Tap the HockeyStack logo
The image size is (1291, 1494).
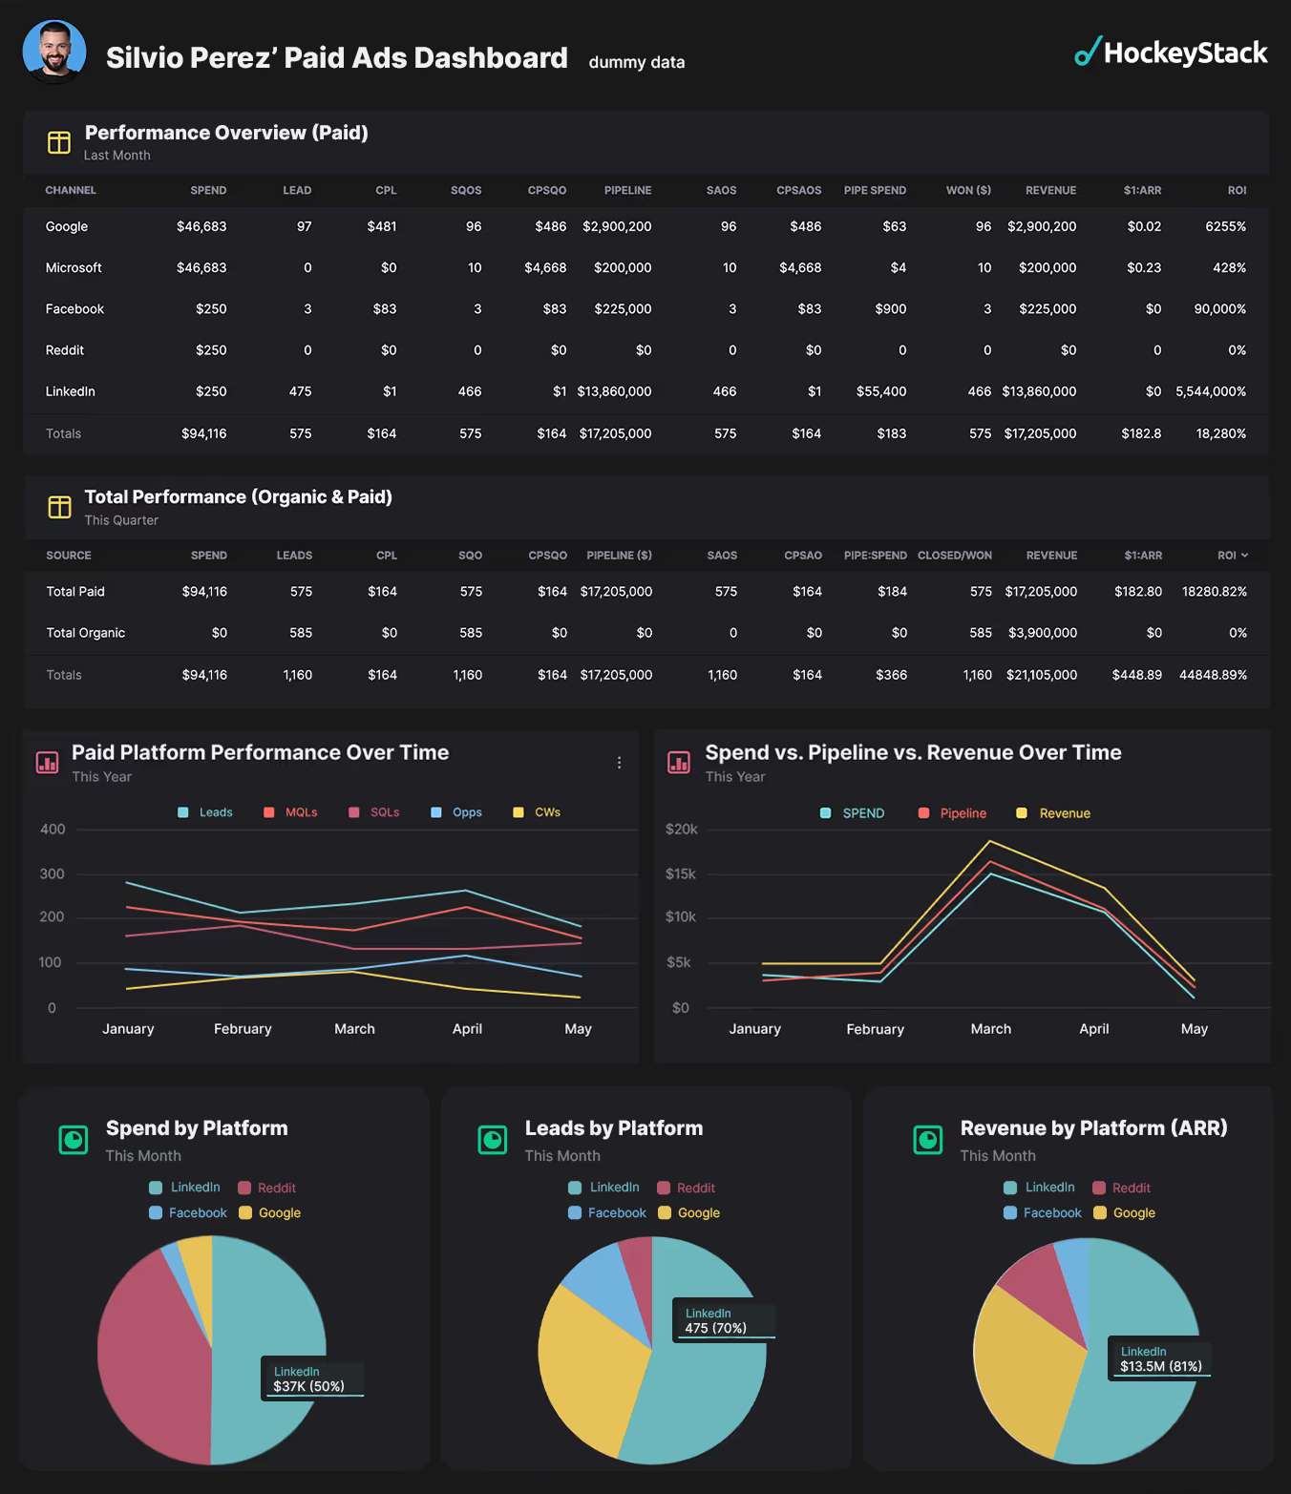coord(1171,53)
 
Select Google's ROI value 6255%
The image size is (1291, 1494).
coord(1225,226)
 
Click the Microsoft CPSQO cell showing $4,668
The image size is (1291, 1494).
coord(545,267)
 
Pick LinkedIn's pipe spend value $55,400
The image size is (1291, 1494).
coord(881,391)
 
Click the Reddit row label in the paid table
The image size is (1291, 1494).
coord(65,349)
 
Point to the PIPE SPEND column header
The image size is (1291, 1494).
coord(875,190)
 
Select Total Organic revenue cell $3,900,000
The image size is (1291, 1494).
coord(1043,632)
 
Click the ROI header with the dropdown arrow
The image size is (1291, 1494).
coord(1233,555)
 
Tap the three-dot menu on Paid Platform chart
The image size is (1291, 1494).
coord(619,763)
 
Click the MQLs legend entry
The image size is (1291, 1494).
coord(290,812)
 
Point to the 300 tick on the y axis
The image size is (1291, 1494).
coord(53,873)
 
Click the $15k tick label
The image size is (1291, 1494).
coord(680,873)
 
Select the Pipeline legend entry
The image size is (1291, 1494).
coord(952,813)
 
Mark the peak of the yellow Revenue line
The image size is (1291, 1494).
coord(990,841)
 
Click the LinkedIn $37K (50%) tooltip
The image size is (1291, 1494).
coord(312,1378)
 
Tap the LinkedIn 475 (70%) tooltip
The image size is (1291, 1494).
coord(724,1320)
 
